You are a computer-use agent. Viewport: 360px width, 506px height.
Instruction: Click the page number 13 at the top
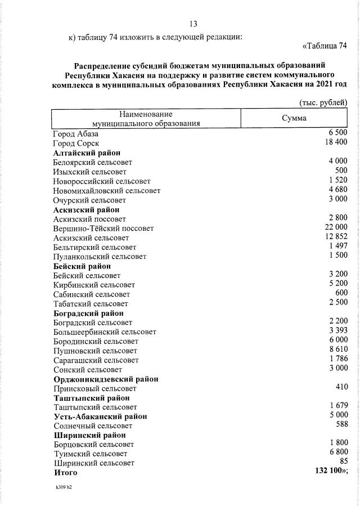coord(193,24)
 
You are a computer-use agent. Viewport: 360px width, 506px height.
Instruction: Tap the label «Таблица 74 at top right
coord(325,46)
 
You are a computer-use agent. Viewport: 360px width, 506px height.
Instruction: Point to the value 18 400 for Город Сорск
coord(335,142)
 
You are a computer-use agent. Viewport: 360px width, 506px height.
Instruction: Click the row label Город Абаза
coord(76,134)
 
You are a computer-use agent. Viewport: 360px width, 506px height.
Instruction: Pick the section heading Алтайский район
coord(87,153)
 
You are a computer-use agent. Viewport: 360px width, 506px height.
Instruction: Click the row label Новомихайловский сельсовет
coord(107,190)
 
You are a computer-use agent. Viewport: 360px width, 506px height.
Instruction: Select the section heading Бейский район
coord(82,266)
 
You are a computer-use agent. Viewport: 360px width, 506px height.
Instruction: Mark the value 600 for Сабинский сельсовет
coord(341,293)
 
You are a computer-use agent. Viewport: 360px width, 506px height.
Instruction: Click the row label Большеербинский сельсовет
coord(104,332)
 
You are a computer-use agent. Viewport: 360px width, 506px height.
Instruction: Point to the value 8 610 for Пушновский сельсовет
coord(337,350)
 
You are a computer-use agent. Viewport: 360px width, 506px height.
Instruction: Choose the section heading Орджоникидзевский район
coord(106,379)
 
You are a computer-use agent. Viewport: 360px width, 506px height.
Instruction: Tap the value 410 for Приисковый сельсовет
coord(341,387)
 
